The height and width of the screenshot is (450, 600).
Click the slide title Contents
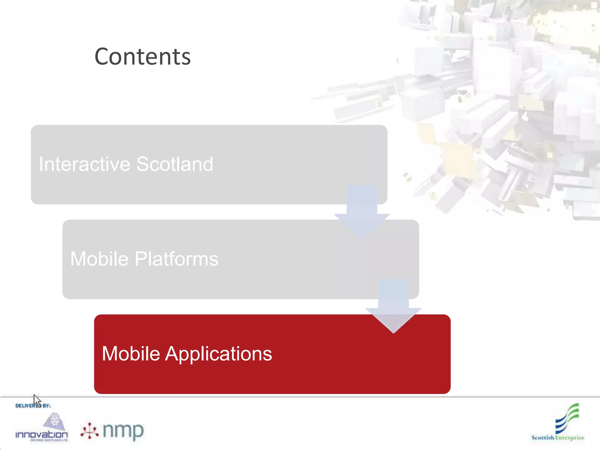(x=142, y=57)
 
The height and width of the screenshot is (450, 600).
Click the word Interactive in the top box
(x=84, y=164)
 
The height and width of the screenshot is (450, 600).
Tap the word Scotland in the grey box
(x=175, y=164)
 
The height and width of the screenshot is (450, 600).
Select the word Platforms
(x=176, y=259)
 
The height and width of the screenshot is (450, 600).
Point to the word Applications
(x=219, y=354)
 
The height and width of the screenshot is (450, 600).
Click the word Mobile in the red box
(x=131, y=354)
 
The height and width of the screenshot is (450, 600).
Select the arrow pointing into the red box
(x=393, y=306)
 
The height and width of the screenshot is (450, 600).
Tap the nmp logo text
(x=123, y=431)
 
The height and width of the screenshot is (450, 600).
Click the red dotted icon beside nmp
(x=89, y=431)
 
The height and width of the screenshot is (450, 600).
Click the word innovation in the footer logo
(x=41, y=434)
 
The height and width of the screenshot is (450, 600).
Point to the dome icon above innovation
(x=54, y=421)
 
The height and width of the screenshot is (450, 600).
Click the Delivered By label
(x=33, y=406)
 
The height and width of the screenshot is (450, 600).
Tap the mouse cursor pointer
(x=36, y=400)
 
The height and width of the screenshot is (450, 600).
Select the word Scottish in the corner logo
(x=543, y=438)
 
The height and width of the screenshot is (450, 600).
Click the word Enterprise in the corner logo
(x=570, y=438)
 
